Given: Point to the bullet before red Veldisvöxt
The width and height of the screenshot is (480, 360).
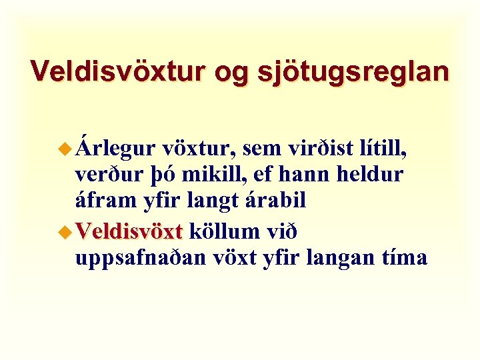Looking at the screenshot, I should (65, 233).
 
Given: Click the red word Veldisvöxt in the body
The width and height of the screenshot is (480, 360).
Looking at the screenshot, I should (129, 232).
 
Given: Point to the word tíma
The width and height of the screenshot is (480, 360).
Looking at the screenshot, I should (403, 257).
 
